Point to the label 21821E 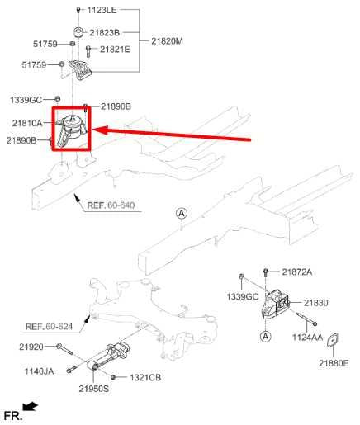pyautogui.click(x=116, y=50)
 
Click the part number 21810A pyautogui.click(x=27, y=123)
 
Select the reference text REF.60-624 pyautogui.click(x=48, y=327)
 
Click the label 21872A pyautogui.click(x=297, y=272)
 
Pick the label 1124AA pyautogui.click(x=308, y=337)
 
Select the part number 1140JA pyautogui.click(x=38, y=371)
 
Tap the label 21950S pyautogui.click(x=94, y=388)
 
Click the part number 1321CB pyautogui.click(x=144, y=377)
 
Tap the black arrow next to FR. pyautogui.click(x=31, y=406)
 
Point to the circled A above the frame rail pyautogui.click(x=181, y=213)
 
